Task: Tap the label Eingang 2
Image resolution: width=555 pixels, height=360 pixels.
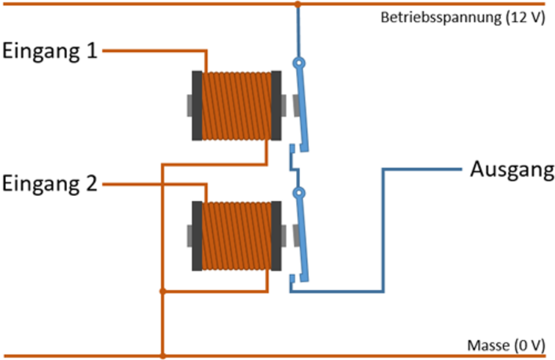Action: (50, 184)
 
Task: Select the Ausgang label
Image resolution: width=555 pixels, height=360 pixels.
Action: (512, 170)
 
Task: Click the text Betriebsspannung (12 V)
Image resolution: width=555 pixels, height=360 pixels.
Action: (462, 17)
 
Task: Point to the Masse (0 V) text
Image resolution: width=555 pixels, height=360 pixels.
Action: (506, 345)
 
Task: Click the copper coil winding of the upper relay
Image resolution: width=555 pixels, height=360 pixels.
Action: (236, 106)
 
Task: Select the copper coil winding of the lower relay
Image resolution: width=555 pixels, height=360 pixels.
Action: (236, 236)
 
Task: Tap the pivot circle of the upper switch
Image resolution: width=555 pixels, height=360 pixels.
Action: (299, 63)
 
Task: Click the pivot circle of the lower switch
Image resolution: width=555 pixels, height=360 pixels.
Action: (299, 193)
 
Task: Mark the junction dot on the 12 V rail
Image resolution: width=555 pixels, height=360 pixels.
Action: (298, 4)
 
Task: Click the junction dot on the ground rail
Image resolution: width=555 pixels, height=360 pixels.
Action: (162, 356)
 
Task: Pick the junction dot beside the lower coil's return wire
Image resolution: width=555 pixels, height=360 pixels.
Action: (162, 291)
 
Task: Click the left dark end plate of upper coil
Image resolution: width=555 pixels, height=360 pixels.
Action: (197, 106)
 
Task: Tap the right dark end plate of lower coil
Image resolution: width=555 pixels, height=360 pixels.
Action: (276, 236)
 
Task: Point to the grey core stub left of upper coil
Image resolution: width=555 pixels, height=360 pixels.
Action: (189, 106)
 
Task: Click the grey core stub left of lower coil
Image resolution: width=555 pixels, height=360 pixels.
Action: (189, 236)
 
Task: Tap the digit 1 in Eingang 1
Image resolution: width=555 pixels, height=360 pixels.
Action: (92, 50)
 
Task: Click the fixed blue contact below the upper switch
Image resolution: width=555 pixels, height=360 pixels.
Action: (292, 149)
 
